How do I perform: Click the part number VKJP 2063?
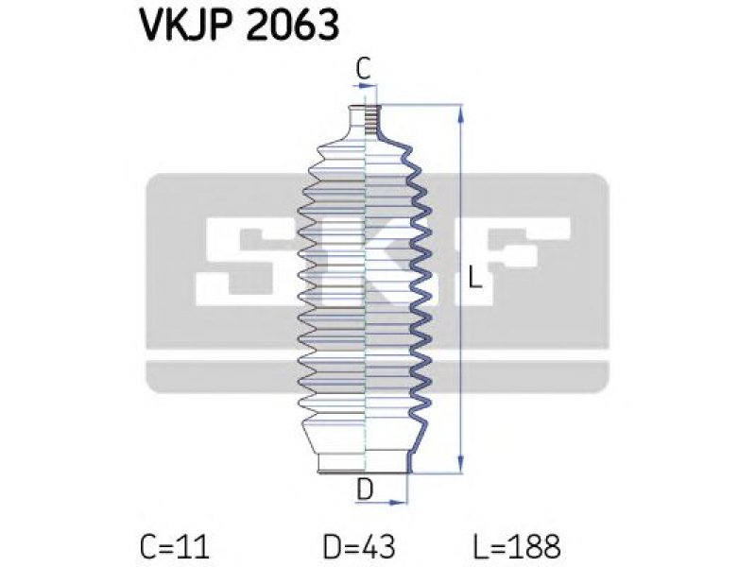coord(239,25)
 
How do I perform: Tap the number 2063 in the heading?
coord(293,25)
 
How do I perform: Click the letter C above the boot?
coord(363,68)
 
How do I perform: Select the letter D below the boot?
coord(365,490)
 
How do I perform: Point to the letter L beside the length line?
coord(475,278)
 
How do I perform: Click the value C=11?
coord(175,547)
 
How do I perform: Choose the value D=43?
coord(359,547)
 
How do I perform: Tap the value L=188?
coord(517,547)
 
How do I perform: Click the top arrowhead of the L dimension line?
coord(461,113)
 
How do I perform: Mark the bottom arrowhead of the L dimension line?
coord(461,464)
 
